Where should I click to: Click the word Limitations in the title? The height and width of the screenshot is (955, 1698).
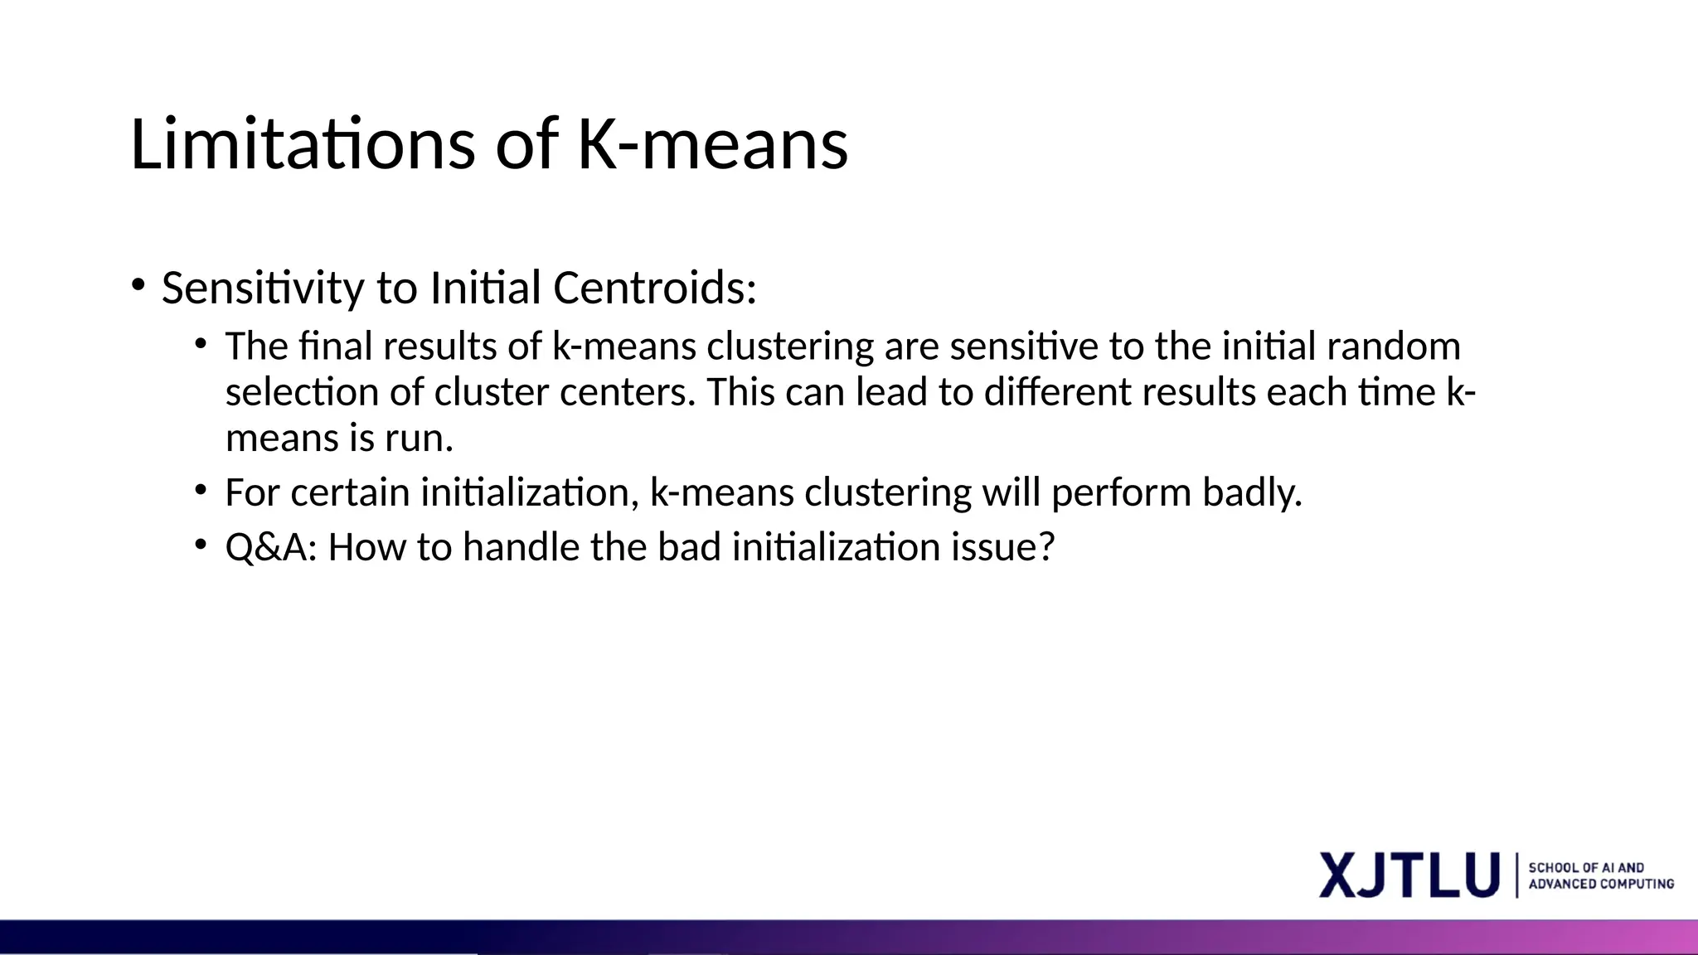[x=302, y=145]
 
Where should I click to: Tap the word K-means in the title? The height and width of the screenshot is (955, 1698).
[x=712, y=145]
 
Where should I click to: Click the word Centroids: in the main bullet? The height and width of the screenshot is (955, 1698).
[x=654, y=288]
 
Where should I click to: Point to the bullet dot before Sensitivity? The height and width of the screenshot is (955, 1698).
[x=138, y=285]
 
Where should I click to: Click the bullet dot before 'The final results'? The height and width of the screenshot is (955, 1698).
[x=201, y=343]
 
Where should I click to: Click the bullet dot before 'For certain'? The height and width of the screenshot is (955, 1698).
[x=201, y=490]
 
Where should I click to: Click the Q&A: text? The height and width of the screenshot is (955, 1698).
[x=271, y=548]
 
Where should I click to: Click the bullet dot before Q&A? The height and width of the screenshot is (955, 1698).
[x=201, y=545]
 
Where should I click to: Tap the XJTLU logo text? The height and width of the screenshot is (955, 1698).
[x=1409, y=875]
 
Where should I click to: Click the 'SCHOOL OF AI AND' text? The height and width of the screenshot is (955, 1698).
[x=1586, y=867]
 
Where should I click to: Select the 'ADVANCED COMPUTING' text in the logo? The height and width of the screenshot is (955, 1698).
[x=1601, y=885]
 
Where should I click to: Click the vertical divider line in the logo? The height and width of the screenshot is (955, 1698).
[x=1517, y=875]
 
